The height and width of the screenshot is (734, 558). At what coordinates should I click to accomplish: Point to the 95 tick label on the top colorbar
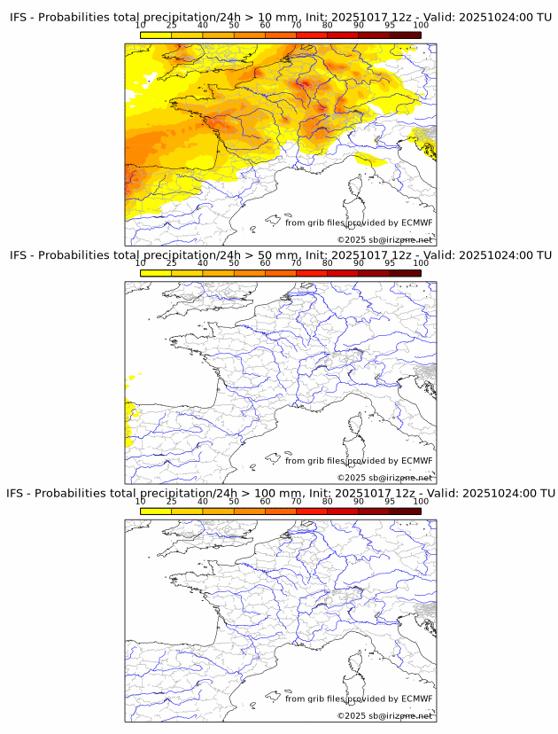[390, 26]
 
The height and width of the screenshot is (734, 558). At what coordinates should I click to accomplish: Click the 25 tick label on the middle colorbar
[172, 263]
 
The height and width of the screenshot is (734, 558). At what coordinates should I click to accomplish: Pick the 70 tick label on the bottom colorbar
[296, 501]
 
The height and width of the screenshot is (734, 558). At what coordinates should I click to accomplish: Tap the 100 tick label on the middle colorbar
[421, 263]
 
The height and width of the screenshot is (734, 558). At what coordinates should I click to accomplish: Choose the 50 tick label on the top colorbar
[234, 26]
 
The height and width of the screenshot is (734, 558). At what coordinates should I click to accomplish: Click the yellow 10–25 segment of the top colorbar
[156, 35]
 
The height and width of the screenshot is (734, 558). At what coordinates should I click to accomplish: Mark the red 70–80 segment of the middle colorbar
[312, 273]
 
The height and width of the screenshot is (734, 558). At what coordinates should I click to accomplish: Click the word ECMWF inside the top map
[417, 223]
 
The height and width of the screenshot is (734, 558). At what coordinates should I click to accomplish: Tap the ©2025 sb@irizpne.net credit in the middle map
[384, 478]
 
